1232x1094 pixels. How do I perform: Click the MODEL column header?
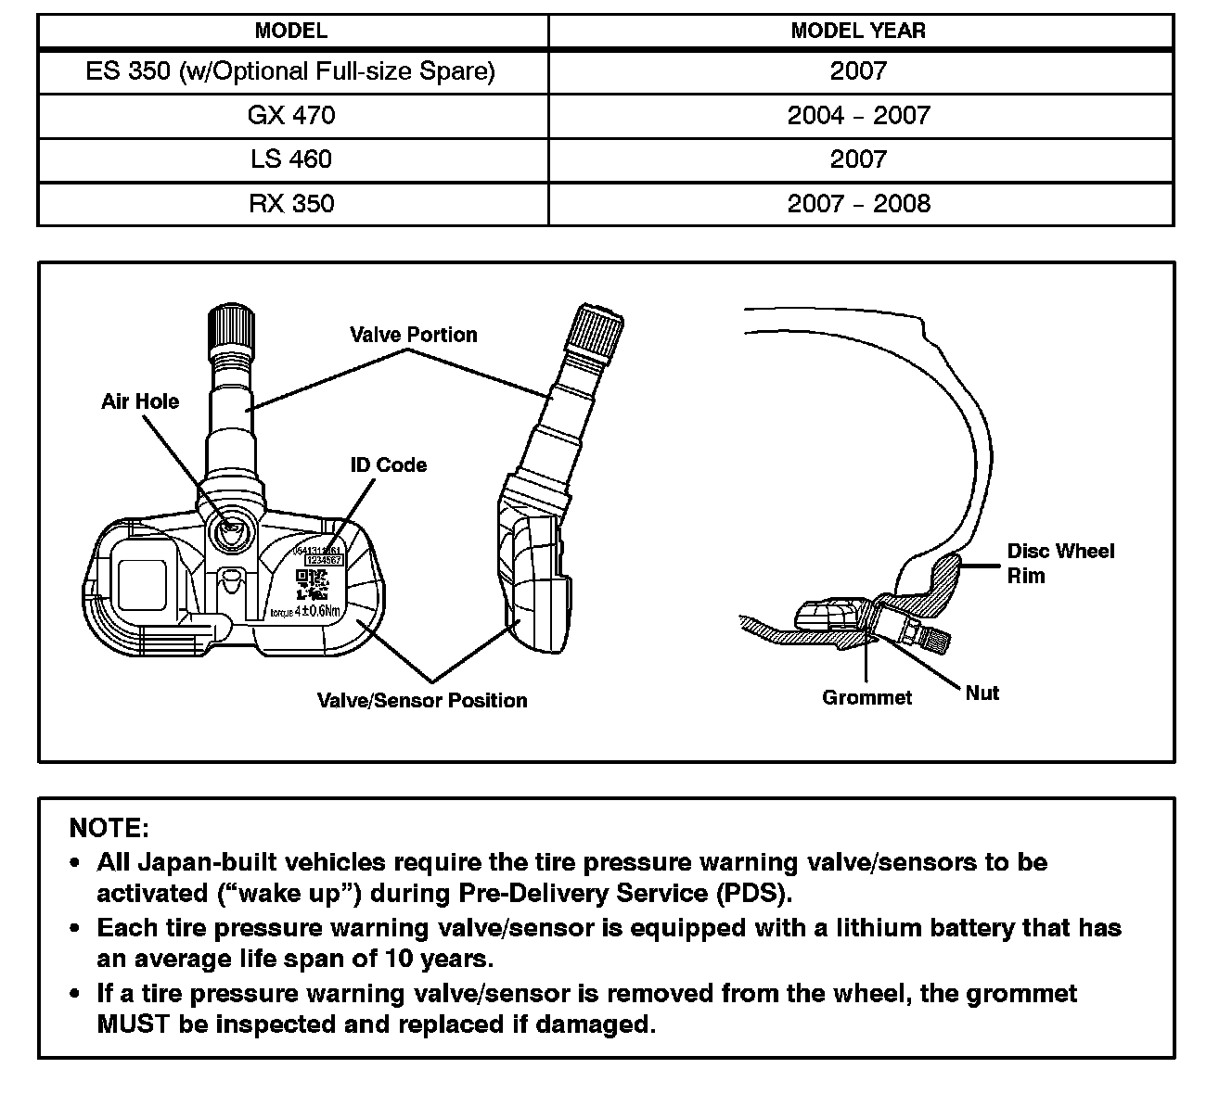coord(291,31)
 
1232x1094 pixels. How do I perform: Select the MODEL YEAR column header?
coord(858,31)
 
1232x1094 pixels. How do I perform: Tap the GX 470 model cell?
coord(291,115)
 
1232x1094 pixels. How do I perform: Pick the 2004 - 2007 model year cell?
coord(858,115)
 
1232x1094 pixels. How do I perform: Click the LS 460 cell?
coord(291,159)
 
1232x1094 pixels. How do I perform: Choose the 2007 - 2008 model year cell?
coord(858,204)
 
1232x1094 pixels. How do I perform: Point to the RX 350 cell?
coord(291,204)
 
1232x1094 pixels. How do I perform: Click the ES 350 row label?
coord(290,71)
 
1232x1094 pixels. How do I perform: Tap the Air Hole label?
coord(140,401)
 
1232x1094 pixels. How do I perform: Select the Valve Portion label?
coord(414,335)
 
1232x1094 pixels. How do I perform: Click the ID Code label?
coord(389,464)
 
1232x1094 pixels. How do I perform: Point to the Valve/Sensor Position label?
coord(422,701)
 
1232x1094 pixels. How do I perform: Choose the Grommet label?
coord(867,698)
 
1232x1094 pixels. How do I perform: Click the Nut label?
coord(982,693)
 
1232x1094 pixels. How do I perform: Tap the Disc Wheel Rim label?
coord(1060,563)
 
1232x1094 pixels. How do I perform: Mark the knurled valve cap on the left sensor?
coord(228,327)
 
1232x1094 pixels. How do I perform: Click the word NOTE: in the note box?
coord(109,828)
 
